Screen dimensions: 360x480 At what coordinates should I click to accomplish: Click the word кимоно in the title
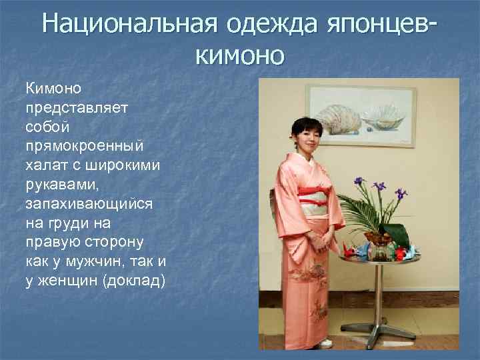point(240,54)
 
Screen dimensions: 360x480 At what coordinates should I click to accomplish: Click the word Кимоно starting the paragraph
point(54,88)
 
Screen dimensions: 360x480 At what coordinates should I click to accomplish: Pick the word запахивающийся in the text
point(89,203)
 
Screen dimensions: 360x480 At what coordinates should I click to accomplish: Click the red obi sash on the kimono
point(313,193)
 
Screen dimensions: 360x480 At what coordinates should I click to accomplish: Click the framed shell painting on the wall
point(361,116)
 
